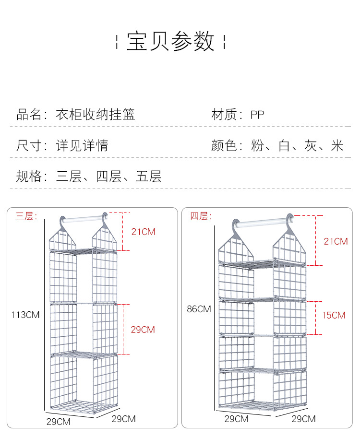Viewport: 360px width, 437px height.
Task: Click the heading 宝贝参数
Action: pos(170,42)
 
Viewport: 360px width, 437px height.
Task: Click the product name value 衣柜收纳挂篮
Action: pos(96,114)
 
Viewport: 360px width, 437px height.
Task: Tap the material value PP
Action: pos(257,115)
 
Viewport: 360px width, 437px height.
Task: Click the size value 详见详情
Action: pos(82,145)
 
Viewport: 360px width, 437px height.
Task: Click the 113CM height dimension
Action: pos(25,315)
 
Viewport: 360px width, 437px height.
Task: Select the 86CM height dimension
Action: pos(199,309)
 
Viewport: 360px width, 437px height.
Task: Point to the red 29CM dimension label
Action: pos(143,330)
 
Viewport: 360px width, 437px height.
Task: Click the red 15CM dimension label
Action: pos(334,315)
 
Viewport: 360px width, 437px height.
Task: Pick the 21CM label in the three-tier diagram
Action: pos(144,232)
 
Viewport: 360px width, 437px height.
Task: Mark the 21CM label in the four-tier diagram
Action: pos(336,241)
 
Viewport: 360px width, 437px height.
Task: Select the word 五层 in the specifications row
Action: pos(149,176)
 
